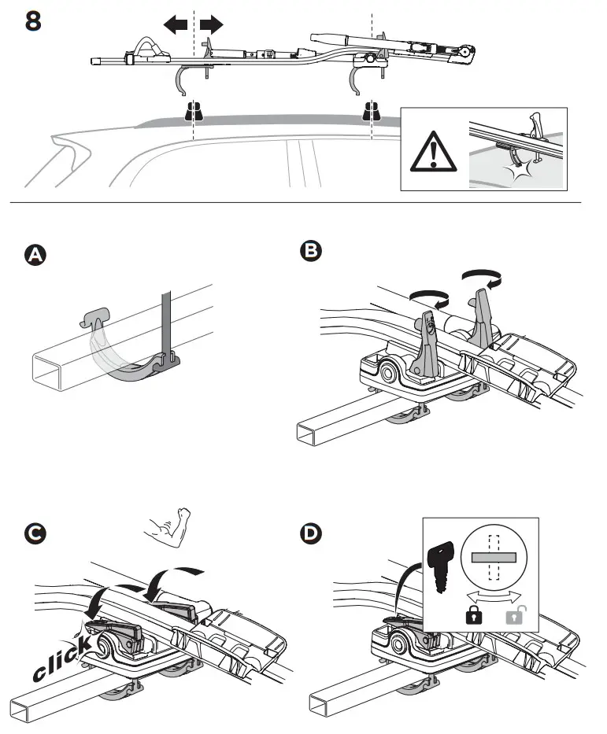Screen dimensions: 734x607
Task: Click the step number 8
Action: pos(33,21)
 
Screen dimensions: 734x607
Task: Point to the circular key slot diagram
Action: pos(494,557)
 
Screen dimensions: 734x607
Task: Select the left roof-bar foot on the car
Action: pos(192,112)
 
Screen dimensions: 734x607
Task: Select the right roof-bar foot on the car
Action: pos(370,112)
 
